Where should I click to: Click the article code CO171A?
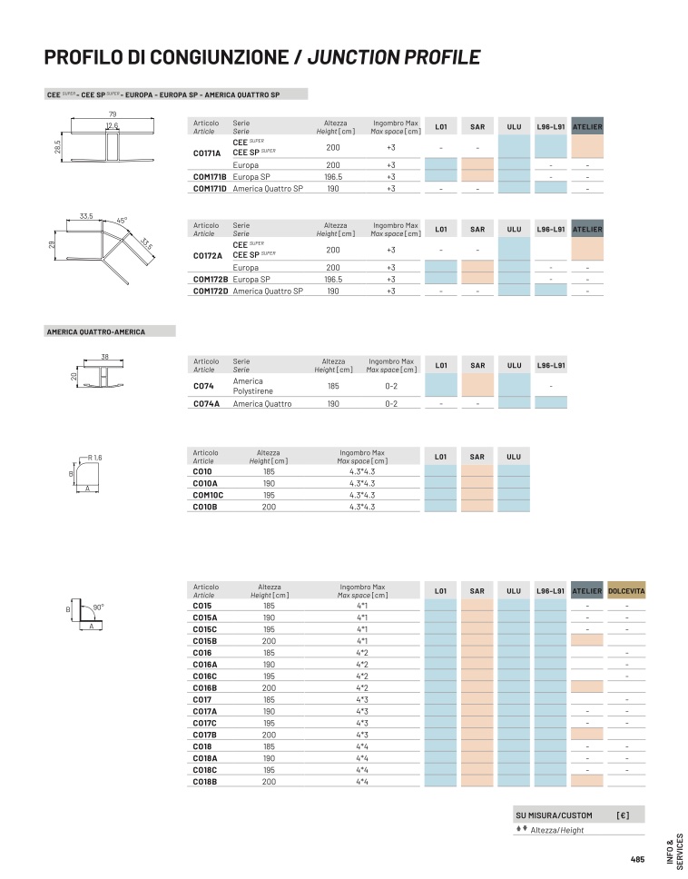click(x=207, y=153)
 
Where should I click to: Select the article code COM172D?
click(x=211, y=291)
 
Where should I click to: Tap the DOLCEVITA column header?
click(x=626, y=591)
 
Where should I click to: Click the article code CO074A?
click(x=206, y=403)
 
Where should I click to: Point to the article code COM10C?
click(x=208, y=495)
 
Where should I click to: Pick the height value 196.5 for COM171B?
click(x=333, y=176)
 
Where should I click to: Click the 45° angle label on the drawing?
click(x=122, y=221)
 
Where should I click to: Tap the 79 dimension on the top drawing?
click(x=112, y=115)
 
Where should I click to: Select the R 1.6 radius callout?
click(x=94, y=458)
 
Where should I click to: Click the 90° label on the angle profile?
click(x=98, y=607)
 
